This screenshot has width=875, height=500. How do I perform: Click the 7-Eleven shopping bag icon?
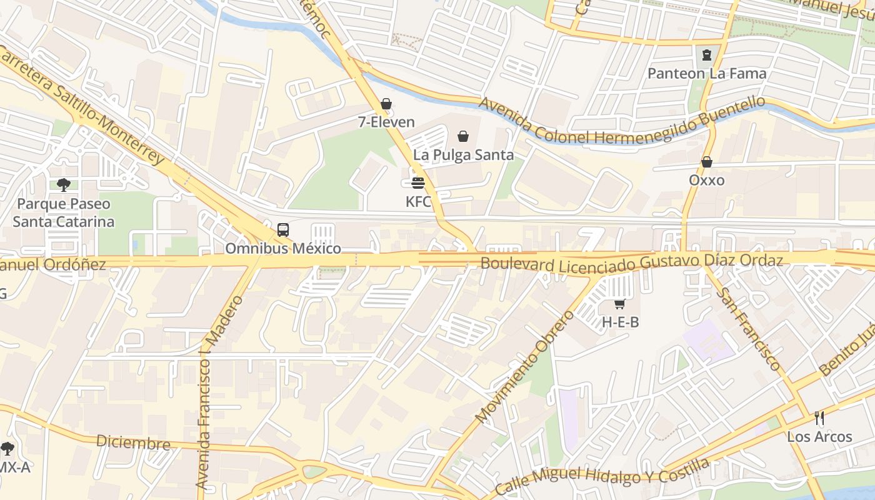tap(386, 104)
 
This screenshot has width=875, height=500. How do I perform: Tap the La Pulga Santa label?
tap(463, 155)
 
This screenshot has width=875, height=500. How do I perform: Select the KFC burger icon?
tap(418, 183)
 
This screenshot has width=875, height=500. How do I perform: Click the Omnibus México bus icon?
tap(283, 229)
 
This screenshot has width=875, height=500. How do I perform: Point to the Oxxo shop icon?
tap(706, 162)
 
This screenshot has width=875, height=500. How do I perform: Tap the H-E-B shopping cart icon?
tap(619, 304)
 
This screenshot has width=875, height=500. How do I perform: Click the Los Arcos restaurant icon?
tap(819, 418)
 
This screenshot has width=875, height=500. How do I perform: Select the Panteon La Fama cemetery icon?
tap(706, 55)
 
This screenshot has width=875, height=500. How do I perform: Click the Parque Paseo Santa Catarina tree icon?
tap(63, 185)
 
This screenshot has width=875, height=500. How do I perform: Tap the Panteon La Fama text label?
tap(706, 74)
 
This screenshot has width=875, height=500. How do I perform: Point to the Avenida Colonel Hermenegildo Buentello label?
tap(622, 123)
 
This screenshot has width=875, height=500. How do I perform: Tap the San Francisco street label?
tap(747, 329)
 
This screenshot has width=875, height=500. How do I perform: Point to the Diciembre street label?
tap(132, 442)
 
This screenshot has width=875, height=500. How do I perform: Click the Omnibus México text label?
tap(283, 249)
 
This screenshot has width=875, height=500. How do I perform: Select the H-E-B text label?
tap(620, 322)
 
